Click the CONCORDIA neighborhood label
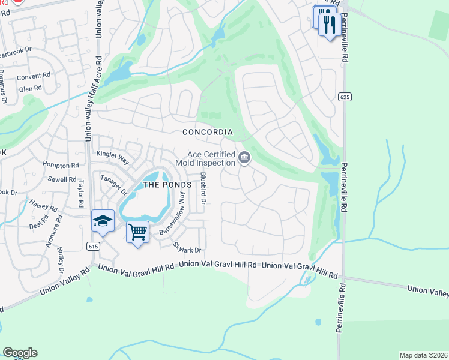coord(208,132)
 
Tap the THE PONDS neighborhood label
coord(167,185)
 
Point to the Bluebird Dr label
coord(203,188)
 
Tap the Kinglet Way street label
coord(112,159)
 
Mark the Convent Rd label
coord(34,76)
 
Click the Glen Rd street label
coord(30,88)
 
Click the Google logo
coord(20,353)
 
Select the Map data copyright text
coord(423,355)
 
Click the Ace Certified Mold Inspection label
coord(205,158)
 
